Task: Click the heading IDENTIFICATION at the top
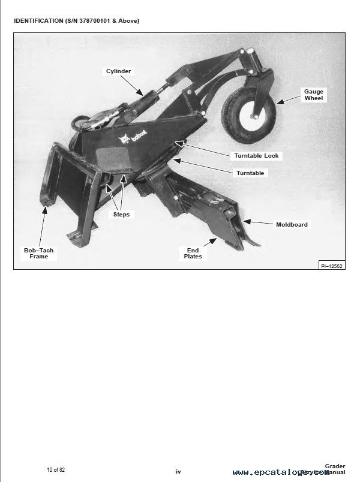click(x=38, y=21)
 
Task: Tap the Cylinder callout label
click(x=119, y=71)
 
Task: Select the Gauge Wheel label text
click(x=314, y=95)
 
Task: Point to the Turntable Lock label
click(x=256, y=156)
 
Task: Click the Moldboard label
click(x=292, y=225)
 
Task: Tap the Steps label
click(x=121, y=214)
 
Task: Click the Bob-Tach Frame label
click(x=39, y=253)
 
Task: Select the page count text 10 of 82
click(x=56, y=469)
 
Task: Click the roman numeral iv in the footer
click(x=178, y=472)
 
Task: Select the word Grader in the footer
click(x=335, y=465)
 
